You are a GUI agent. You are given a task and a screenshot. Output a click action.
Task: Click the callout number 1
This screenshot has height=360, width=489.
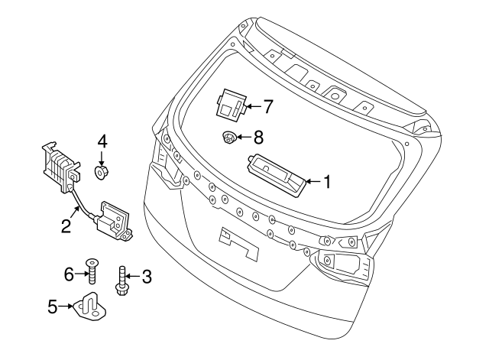[327, 182]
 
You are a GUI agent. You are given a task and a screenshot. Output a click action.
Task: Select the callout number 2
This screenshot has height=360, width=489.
[66, 225]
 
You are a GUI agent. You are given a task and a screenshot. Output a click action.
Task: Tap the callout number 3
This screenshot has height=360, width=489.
[147, 277]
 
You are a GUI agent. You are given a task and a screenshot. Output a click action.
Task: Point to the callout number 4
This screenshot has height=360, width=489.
[102, 142]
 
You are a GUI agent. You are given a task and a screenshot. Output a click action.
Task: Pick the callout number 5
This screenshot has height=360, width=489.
[53, 306]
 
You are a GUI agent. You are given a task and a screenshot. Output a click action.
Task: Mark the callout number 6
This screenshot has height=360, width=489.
[69, 274]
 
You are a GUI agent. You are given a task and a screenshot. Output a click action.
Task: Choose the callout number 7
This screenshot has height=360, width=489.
[268, 106]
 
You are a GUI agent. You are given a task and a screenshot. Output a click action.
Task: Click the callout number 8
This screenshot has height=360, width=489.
[258, 138]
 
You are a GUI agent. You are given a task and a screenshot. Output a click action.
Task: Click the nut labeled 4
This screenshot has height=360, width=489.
[101, 173]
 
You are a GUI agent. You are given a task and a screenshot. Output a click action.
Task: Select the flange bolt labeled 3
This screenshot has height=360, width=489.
[122, 281]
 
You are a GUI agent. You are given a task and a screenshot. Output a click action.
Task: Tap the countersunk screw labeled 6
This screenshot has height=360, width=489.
[92, 271]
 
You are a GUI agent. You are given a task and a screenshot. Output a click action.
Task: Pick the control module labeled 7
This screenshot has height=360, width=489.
[231, 105]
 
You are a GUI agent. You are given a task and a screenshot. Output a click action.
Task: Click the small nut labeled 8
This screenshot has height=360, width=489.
[228, 138]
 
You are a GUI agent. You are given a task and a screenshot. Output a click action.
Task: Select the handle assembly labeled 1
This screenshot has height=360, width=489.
[277, 176]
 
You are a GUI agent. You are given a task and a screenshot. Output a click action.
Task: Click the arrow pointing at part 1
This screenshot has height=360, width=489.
[313, 181]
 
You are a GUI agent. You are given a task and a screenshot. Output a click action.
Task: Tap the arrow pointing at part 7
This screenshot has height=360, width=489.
[253, 106]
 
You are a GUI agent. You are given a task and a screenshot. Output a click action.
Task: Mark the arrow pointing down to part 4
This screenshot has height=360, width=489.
[101, 158]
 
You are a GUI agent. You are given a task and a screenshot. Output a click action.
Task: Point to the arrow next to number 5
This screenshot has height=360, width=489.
[66, 306]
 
